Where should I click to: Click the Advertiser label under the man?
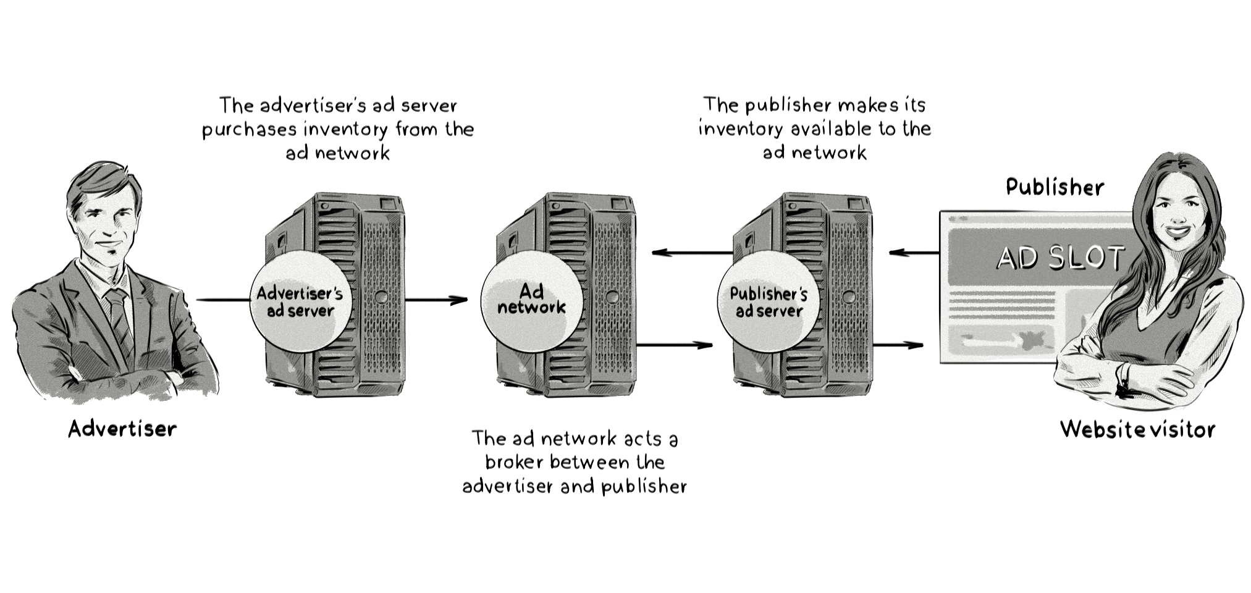click(122, 429)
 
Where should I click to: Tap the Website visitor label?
click(1137, 429)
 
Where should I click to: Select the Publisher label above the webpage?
click(1054, 187)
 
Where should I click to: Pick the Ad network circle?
click(531, 300)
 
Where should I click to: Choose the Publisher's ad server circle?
click(769, 302)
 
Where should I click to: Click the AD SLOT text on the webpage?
click(1060, 258)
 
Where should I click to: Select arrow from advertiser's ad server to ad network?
click(436, 301)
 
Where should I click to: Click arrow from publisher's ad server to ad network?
click(692, 253)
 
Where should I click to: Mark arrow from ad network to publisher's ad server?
click(675, 345)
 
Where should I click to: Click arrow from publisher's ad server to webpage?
click(899, 345)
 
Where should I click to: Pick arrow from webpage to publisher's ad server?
click(914, 253)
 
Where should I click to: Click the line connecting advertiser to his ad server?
click(222, 301)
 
